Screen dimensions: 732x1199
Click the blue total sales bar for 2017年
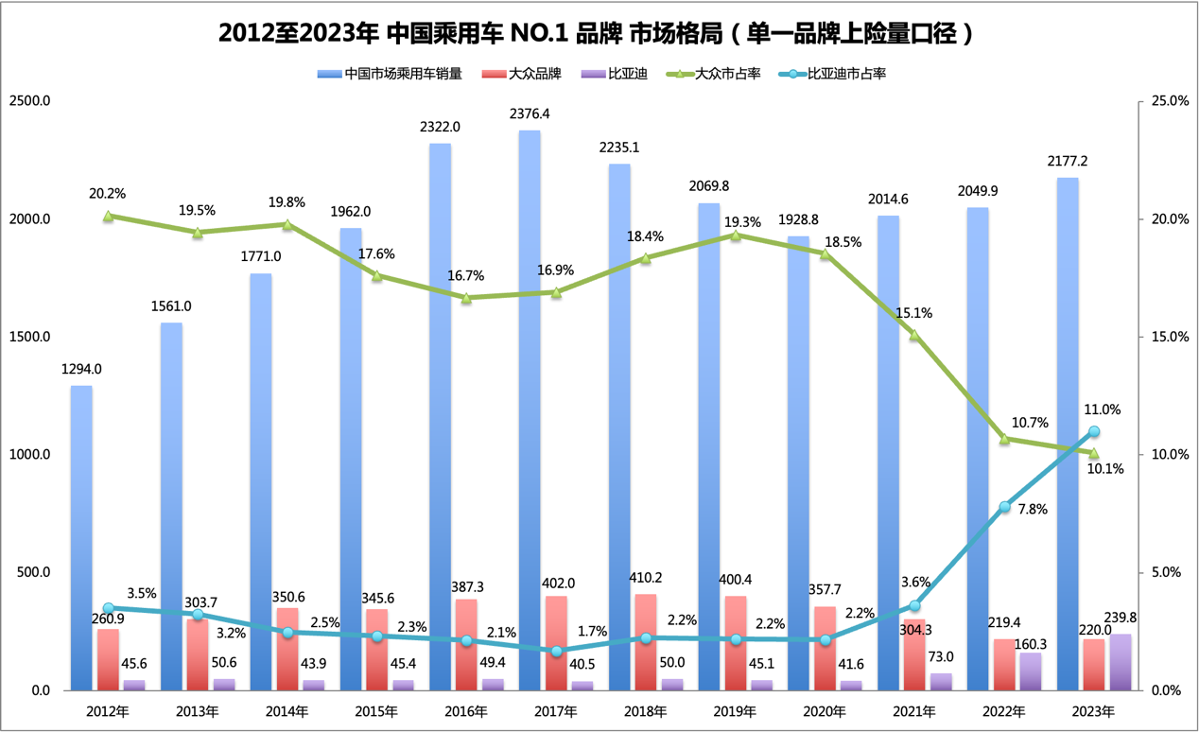pyautogui.click(x=530, y=407)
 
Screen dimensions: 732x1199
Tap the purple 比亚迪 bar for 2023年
pyautogui.click(x=1120, y=662)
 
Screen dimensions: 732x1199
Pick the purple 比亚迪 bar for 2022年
pyautogui.click(x=1030, y=671)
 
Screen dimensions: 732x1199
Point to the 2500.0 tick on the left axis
pyautogui.click(x=30, y=101)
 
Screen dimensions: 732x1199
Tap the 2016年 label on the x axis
pyautogui.click(x=465, y=710)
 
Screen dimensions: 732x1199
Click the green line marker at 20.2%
pyautogui.click(x=109, y=216)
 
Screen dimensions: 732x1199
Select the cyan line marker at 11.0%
pyautogui.click(x=1094, y=431)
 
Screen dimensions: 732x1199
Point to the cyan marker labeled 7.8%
pyautogui.click(x=1004, y=507)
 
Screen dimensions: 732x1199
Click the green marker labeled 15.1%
pyautogui.click(x=914, y=334)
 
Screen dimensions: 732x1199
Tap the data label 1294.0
pyautogui.click(x=81, y=370)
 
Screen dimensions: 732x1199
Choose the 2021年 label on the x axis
pyautogui.click(x=913, y=710)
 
